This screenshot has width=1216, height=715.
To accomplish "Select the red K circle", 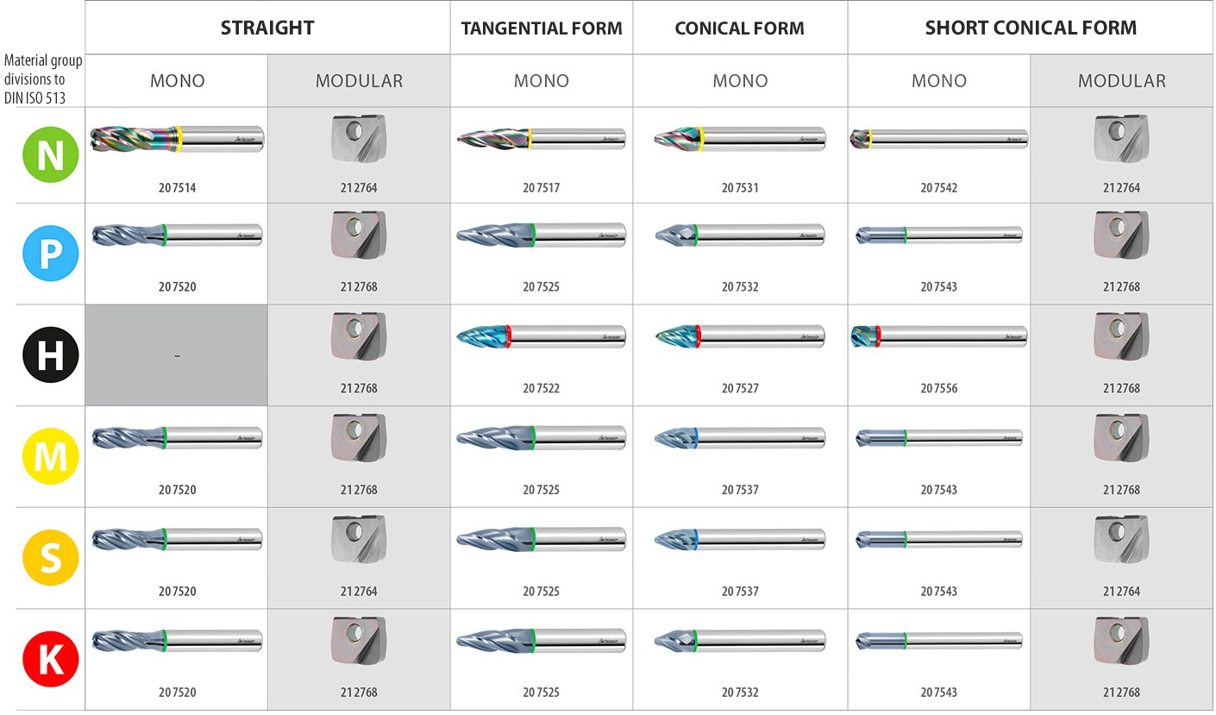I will tap(50, 660).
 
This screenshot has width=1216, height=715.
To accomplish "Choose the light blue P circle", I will tap(50, 254).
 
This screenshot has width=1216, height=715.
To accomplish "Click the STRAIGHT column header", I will tap(267, 28).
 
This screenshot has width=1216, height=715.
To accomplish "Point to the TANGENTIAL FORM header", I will tap(542, 28).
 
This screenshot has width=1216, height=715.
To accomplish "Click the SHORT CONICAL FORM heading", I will tap(1031, 28).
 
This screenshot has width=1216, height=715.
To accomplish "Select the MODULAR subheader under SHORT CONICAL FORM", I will tap(1121, 81).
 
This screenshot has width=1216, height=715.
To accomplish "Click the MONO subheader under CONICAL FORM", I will tap(740, 81).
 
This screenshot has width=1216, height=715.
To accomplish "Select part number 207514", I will tap(177, 188).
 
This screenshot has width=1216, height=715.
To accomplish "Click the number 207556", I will tap(939, 389).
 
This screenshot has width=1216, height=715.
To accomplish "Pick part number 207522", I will tap(542, 389).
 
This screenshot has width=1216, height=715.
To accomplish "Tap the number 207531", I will tap(740, 188).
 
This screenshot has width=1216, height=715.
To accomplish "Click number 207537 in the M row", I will tap(740, 490).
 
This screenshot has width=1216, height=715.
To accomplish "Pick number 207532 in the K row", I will tap(740, 693).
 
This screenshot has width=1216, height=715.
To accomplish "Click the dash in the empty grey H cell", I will tap(177, 355).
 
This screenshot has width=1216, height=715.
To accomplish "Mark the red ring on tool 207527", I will tap(697, 336).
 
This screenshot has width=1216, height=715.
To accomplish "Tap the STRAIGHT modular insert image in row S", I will tap(359, 538).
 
